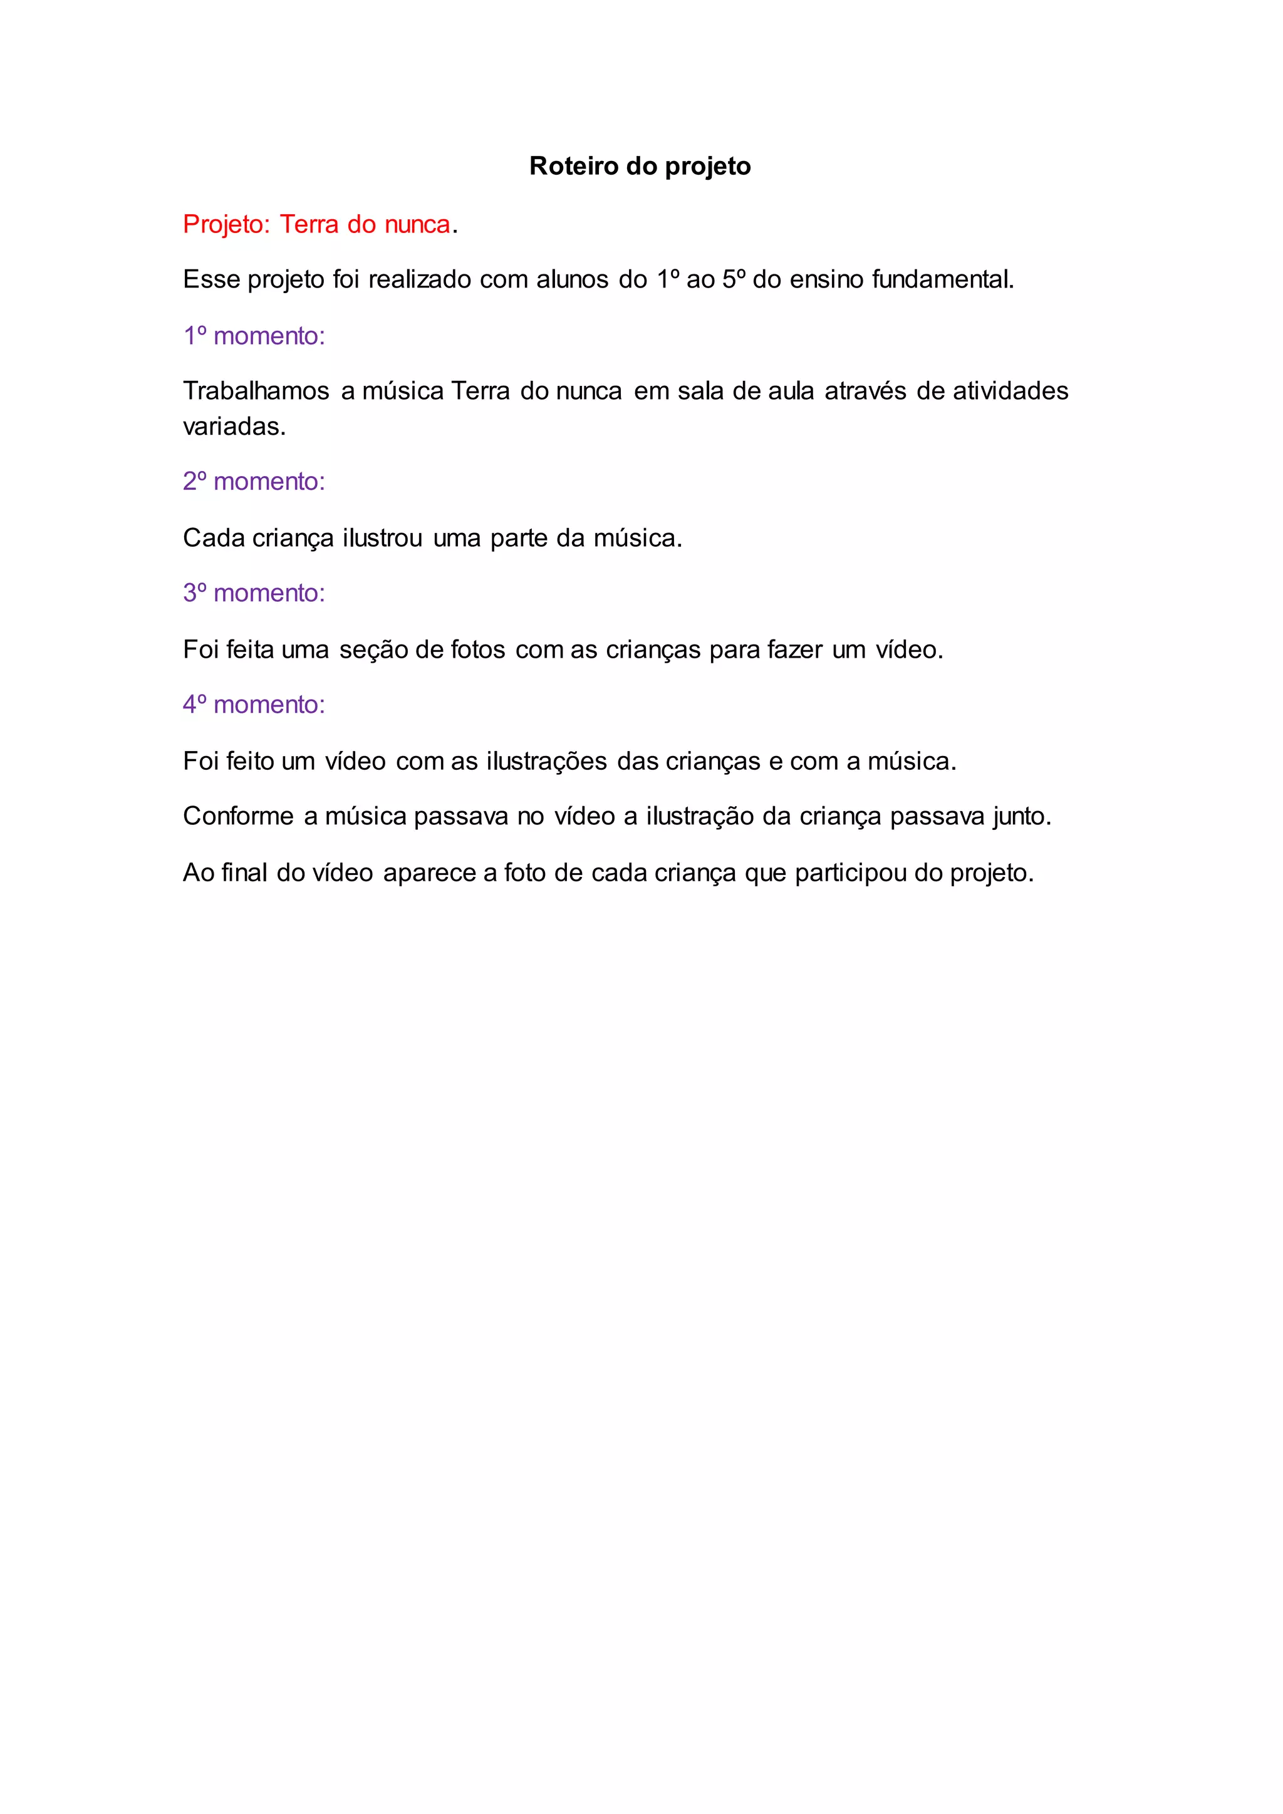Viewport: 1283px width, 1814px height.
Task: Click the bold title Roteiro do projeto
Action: pos(640,166)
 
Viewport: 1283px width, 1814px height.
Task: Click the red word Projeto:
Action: pos(227,225)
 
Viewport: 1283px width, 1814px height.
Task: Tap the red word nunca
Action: pos(417,225)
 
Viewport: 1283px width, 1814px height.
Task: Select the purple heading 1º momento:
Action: pos(254,336)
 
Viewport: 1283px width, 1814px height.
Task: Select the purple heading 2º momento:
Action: pos(254,481)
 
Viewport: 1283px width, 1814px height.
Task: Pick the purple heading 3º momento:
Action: pos(254,593)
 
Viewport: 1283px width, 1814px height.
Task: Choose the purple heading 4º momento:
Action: pos(254,704)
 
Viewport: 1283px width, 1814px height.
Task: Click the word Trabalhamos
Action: pos(256,391)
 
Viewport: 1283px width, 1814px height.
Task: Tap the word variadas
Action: pos(234,427)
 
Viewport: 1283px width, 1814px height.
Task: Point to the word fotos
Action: pos(477,650)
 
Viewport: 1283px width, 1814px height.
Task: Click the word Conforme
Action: pos(238,816)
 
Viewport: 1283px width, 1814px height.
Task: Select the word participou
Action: pos(850,873)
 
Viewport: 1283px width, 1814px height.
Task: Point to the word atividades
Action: pos(1010,391)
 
